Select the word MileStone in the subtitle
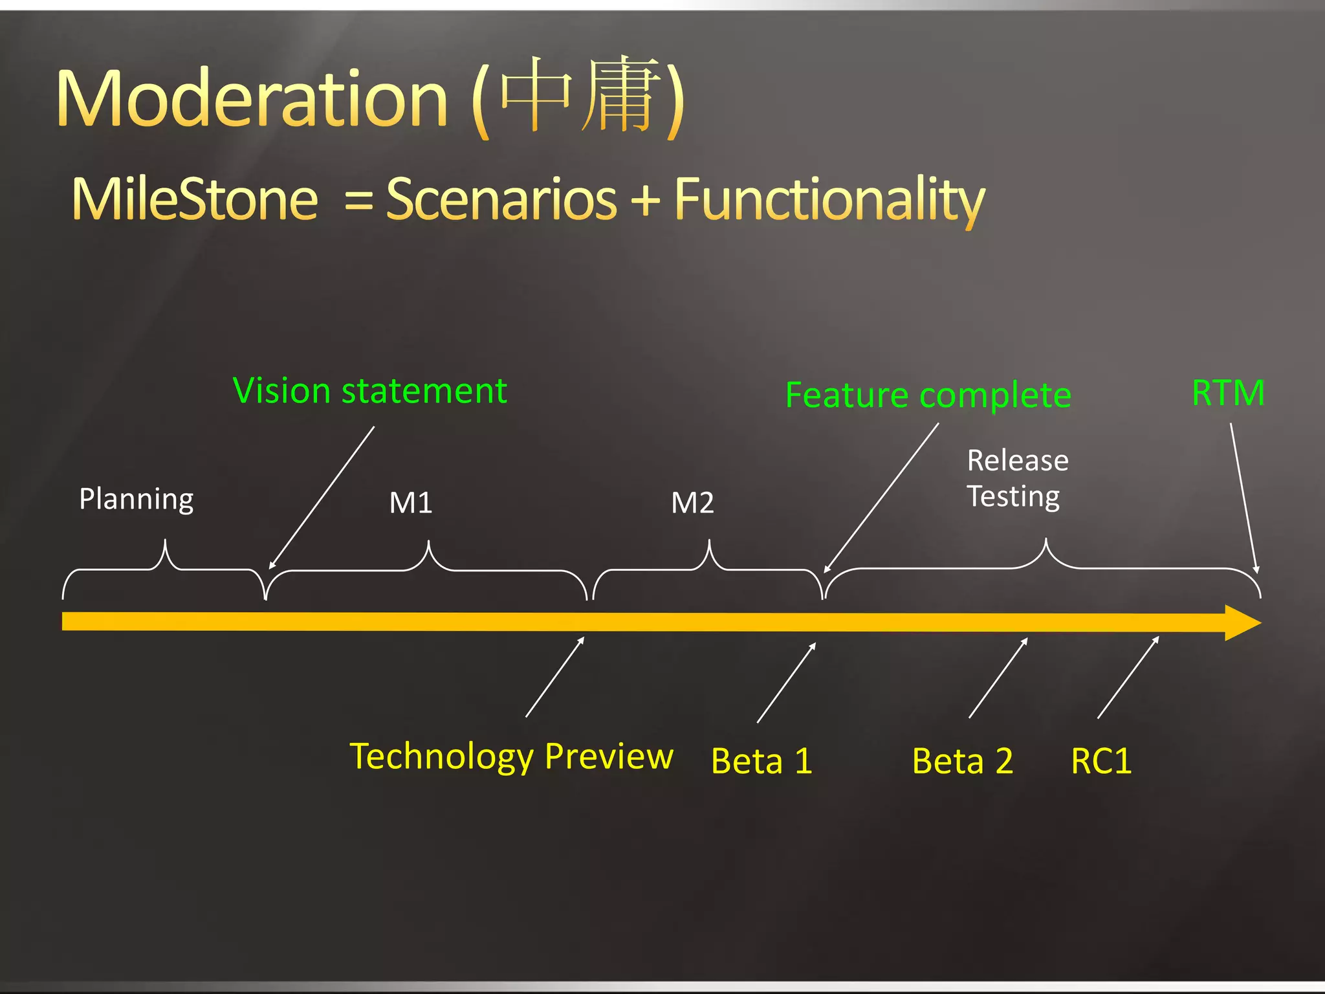195,199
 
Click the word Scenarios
501,199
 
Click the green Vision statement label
369,392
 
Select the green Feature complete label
928,395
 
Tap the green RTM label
1227,393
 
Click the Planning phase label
137,499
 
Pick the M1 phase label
411,503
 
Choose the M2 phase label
692,503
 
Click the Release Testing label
1016,479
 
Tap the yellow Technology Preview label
511,756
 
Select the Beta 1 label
761,761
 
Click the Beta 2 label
962,761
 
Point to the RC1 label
1101,761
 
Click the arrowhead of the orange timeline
1242,623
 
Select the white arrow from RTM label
1243,498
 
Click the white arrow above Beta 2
998,678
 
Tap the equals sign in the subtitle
359,201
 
